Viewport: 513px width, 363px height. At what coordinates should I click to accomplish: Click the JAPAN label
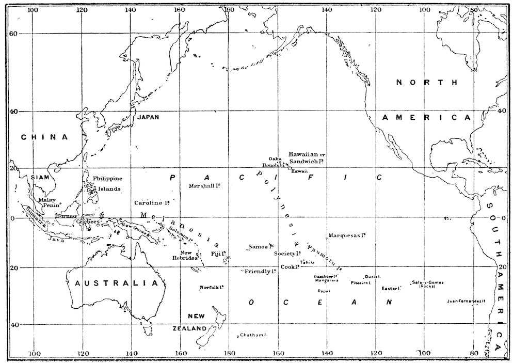coord(148,117)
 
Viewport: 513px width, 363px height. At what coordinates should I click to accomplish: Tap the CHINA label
coord(44,137)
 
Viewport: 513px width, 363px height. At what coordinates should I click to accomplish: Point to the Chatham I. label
coord(253,336)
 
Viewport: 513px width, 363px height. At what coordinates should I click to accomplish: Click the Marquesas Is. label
coord(347,235)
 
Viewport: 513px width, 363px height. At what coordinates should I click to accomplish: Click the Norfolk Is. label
coord(212,288)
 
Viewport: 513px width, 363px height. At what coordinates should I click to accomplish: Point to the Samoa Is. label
coord(261,246)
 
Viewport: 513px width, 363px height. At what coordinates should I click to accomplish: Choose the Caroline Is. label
coord(152,203)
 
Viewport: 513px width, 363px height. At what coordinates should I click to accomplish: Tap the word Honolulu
coord(274,165)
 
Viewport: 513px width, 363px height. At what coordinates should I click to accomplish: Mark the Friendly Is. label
coord(259,271)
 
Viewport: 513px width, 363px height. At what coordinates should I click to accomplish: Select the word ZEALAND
coord(190,328)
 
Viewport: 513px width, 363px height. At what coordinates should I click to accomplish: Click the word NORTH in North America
coord(427,83)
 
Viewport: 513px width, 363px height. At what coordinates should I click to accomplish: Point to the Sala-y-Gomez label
coord(428,282)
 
